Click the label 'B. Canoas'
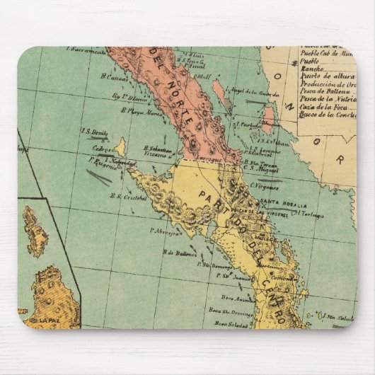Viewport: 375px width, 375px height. [x=113, y=77]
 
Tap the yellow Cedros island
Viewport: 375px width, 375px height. [x=121, y=146]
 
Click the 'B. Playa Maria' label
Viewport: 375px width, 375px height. [x=140, y=110]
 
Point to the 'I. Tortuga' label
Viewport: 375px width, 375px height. [x=311, y=214]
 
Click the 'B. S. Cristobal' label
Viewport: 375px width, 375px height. [x=129, y=198]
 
